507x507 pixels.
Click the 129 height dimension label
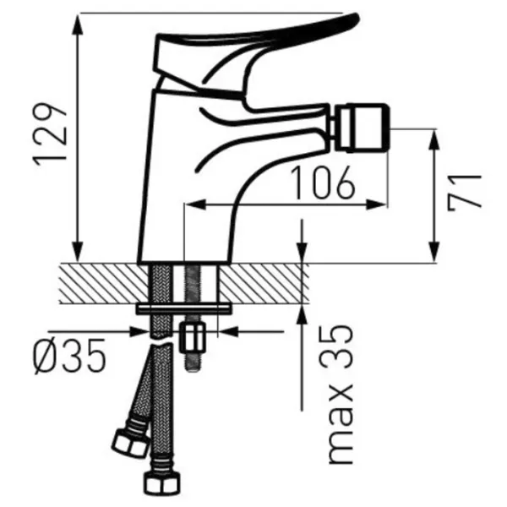point(50,134)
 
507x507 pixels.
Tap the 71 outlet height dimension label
point(465,193)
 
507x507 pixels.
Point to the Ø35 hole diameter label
point(69,356)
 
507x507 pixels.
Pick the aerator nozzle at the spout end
point(362,128)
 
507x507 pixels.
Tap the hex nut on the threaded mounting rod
point(193,338)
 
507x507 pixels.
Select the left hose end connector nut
point(129,442)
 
